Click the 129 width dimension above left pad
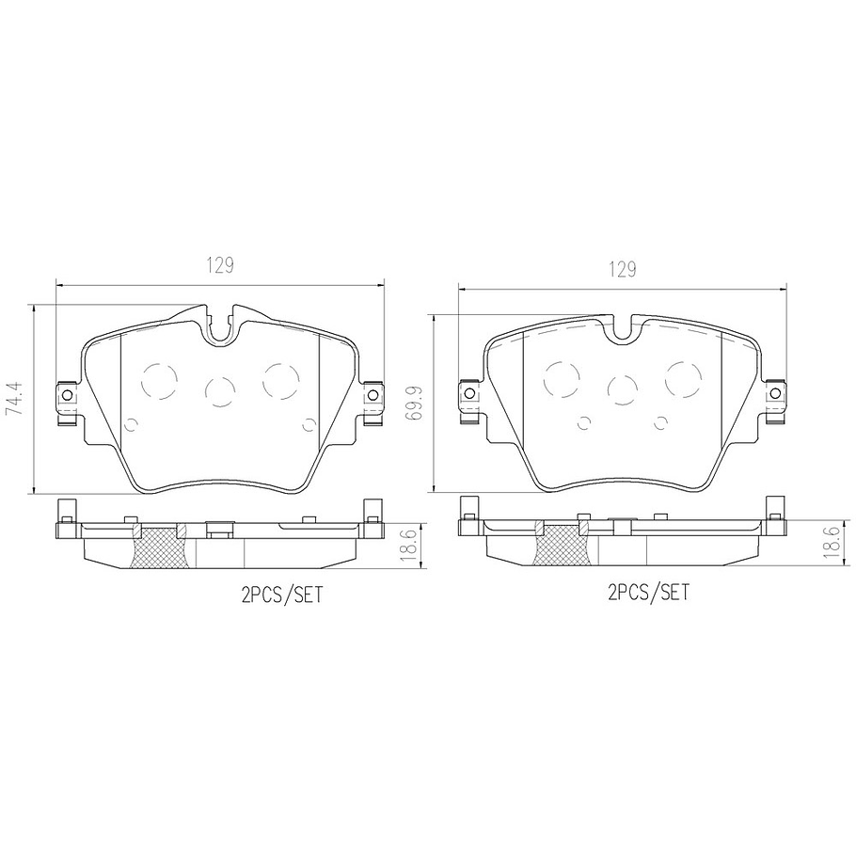point(221,265)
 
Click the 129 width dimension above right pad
point(621,270)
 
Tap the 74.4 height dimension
point(13,398)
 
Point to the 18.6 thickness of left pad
point(408,545)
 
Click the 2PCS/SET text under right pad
point(649,593)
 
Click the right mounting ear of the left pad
point(374,394)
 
